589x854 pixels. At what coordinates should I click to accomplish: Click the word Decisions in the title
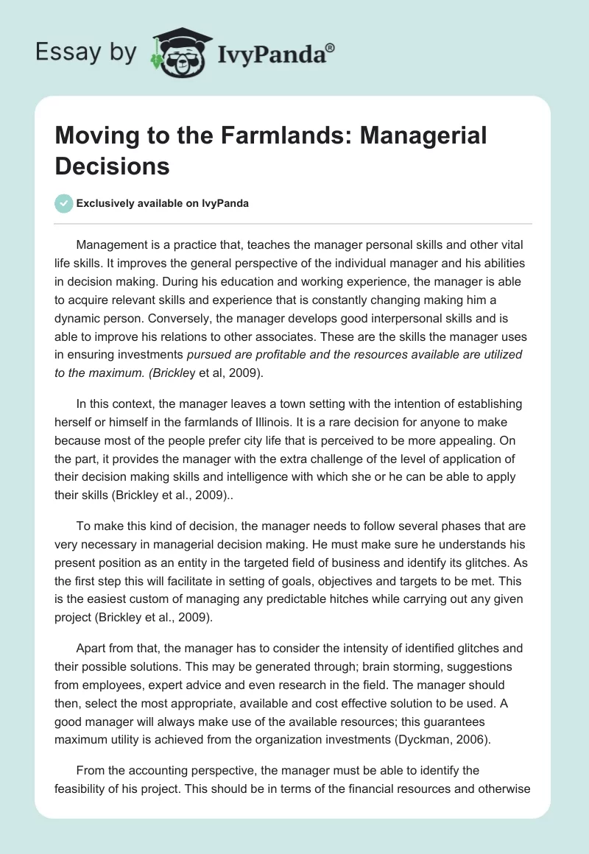pyautogui.click(x=112, y=166)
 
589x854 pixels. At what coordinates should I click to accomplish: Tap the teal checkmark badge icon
pyautogui.click(x=64, y=203)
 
